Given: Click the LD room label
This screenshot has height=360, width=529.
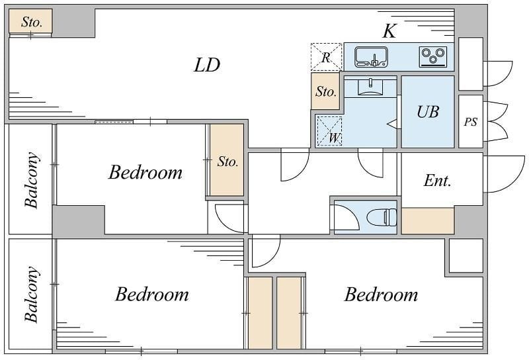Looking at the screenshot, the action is [207, 65].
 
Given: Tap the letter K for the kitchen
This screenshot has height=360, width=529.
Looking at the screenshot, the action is [389, 31].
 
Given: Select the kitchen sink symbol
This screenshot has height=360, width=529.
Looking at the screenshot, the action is [371, 57].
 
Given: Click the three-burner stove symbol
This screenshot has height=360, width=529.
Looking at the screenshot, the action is [433, 56].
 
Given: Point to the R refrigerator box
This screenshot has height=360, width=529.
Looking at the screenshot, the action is [325, 57].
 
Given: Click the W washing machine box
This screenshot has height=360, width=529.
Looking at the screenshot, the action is [329, 131].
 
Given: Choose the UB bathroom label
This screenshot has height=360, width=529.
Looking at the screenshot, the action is [428, 112].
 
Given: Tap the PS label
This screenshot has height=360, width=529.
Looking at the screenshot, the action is [471, 122].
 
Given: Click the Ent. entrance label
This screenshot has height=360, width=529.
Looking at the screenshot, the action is [438, 181].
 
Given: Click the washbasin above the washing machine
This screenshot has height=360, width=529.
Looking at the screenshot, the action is [370, 87].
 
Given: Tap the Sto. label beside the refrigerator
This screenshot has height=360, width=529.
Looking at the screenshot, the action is [326, 91].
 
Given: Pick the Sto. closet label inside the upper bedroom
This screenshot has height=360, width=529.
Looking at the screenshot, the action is [227, 161].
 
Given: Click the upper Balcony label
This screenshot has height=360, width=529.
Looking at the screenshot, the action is [31, 180].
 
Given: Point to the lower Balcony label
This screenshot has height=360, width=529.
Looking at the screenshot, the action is [31, 295].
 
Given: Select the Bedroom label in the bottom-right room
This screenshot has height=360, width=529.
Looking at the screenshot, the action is [381, 294].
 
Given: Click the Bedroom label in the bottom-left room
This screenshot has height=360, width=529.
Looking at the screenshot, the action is [152, 294].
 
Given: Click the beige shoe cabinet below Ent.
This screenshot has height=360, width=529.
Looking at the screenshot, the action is [428, 220].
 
